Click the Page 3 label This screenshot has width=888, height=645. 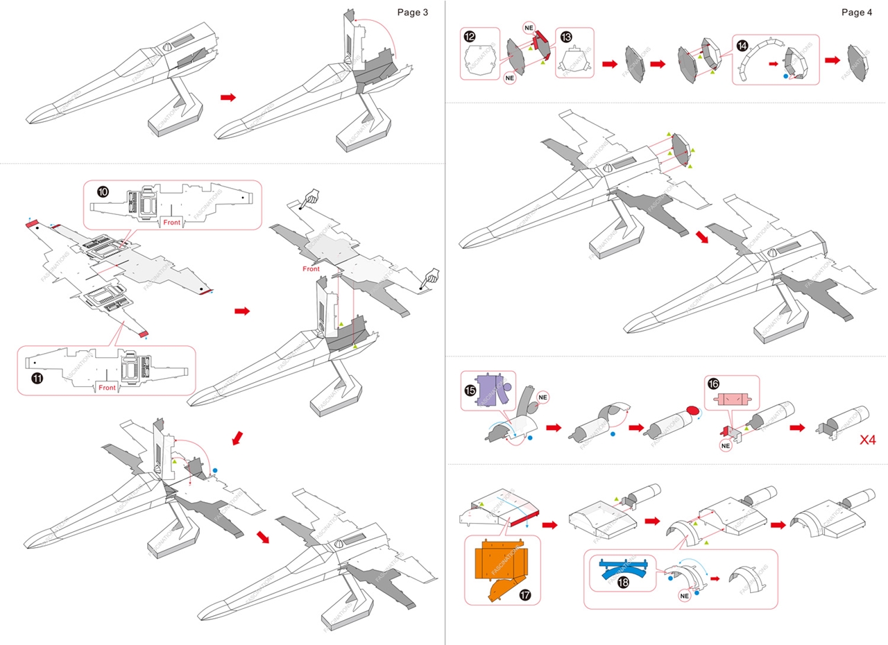point(412,12)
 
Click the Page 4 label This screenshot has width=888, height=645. point(857,12)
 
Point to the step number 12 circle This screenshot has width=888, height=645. point(470,35)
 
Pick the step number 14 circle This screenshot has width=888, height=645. point(742,46)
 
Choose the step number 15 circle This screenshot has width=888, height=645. point(470,390)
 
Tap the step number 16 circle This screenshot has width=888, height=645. point(714,384)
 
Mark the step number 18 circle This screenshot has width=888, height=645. point(624,583)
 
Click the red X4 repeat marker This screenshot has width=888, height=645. point(867,439)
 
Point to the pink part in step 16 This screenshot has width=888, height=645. point(732,399)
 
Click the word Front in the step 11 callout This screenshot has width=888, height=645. point(107,388)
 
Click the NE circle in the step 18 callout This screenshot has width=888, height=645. point(685,595)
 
